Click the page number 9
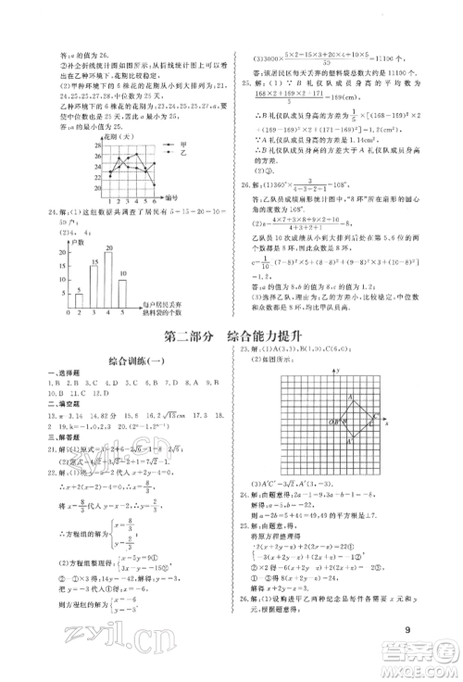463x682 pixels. [x=407, y=632]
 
